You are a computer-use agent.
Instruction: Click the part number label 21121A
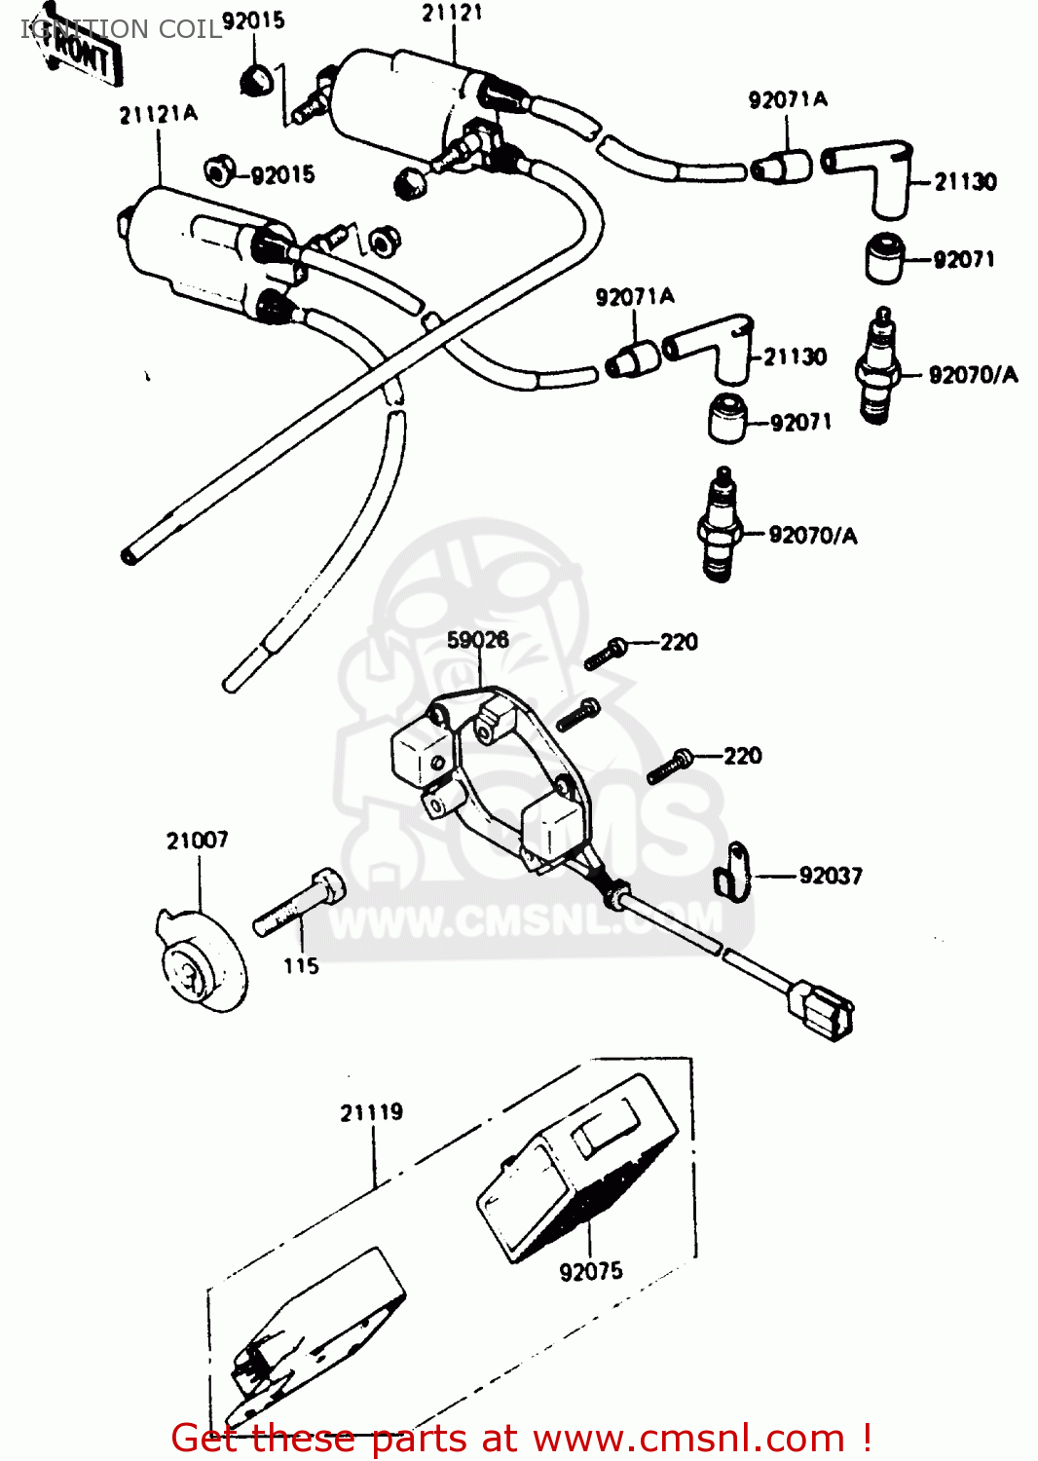(158, 115)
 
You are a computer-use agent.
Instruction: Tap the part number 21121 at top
(452, 14)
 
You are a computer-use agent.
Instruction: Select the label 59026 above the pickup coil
(477, 640)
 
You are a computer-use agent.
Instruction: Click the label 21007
(197, 841)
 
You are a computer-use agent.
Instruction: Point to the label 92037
(830, 876)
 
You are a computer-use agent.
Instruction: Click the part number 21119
(371, 1112)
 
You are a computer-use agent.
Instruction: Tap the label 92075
(590, 1271)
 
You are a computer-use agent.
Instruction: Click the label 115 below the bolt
(301, 966)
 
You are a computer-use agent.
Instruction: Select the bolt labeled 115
(300, 903)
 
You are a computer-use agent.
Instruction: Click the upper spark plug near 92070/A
(877, 367)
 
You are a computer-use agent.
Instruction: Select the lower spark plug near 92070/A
(720, 526)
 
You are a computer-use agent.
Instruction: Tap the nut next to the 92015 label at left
(218, 172)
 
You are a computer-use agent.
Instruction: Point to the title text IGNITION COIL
(122, 29)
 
